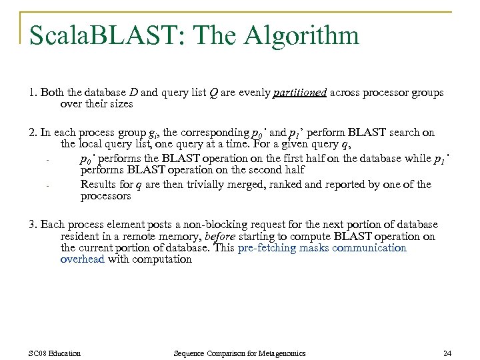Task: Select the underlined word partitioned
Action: tap(300, 93)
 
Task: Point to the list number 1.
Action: tap(33, 93)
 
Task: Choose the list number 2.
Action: tap(33, 132)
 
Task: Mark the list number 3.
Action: tap(33, 224)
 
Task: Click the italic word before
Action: tap(221, 236)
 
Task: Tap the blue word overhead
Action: tap(83, 259)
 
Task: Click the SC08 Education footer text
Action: tap(55, 353)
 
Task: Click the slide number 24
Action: tap(447, 353)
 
